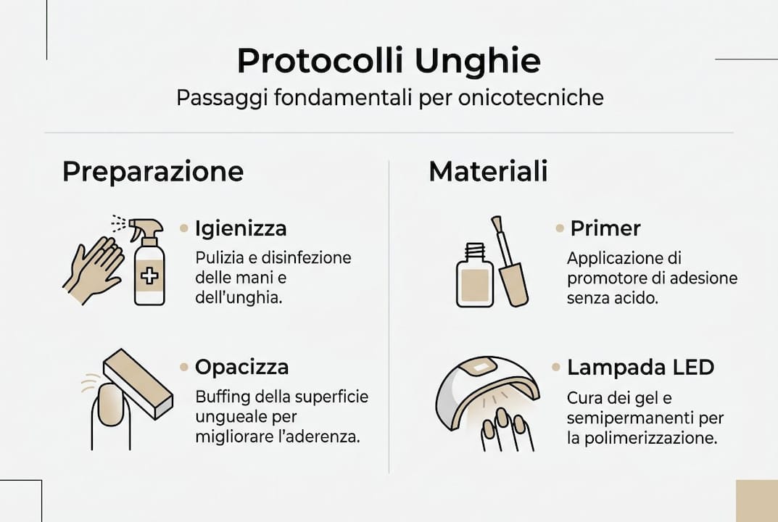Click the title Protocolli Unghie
point(389,62)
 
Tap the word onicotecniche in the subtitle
point(531,98)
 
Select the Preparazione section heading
point(152,172)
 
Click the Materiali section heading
point(488,172)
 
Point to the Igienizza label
point(241,228)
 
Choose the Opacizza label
point(241,367)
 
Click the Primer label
point(605,228)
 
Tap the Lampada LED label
point(641,367)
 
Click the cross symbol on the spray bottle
point(149,275)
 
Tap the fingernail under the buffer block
point(110,404)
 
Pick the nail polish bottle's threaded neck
point(475,253)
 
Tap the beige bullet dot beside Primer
point(560,228)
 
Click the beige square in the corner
point(756,501)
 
